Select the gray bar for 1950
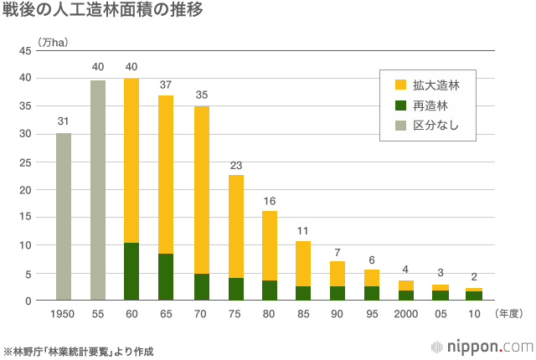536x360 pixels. (x=64, y=216)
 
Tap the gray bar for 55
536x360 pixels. (x=98, y=190)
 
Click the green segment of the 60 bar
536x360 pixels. (x=131, y=271)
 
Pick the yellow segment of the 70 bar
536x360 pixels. (x=201, y=190)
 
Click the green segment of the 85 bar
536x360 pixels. (x=303, y=293)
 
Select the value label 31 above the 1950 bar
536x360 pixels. (x=64, y=121)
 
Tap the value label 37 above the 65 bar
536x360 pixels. (x=166, y=84)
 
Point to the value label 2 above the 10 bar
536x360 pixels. (x=474, y=276)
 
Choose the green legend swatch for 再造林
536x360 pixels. (x=400, y=105)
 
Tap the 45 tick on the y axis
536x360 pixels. (x=25, y=51)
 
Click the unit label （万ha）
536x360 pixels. (x=53, y=41)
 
